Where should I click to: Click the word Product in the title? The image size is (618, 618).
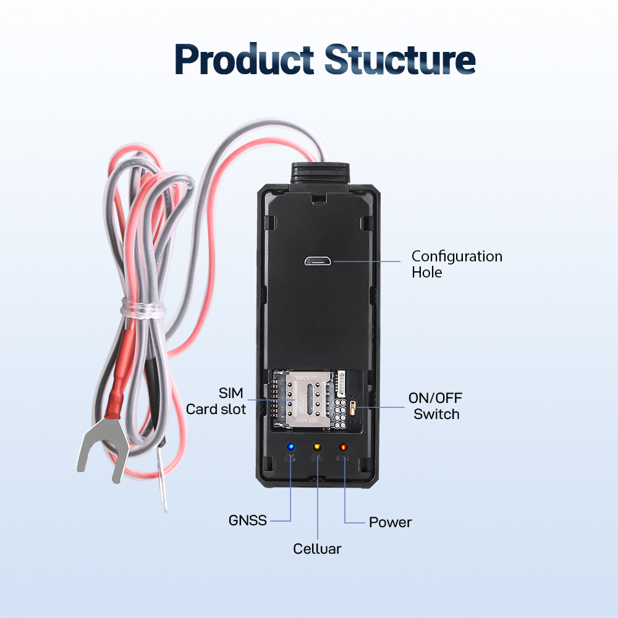[x=244, y=59]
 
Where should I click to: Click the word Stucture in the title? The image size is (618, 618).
[x=400, y=59]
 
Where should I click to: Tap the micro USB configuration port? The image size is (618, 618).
[x=318, y=261]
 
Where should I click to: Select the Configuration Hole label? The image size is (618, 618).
[x=457, y=264]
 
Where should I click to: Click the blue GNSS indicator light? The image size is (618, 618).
[x=291, y=447]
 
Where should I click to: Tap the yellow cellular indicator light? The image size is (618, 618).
[x=317, y=447]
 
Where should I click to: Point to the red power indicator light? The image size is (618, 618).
[x=343, y=447]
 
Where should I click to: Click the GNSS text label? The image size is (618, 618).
[x=248, y=520]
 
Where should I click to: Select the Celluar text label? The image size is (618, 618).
[x=317, y=549]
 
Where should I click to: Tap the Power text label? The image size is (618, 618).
[x=390, y=522]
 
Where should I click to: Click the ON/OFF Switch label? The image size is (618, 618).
[x=436, y=406]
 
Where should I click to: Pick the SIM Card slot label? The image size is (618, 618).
[x=216, y=401]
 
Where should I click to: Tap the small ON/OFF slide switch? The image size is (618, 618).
[x=353, y=408]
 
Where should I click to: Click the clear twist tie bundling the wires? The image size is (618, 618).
[x=143, y=307]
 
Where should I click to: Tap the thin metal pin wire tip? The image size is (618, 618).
[x=162, y=479]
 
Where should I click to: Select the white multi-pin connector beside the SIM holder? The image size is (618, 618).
[x=341, y=384]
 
